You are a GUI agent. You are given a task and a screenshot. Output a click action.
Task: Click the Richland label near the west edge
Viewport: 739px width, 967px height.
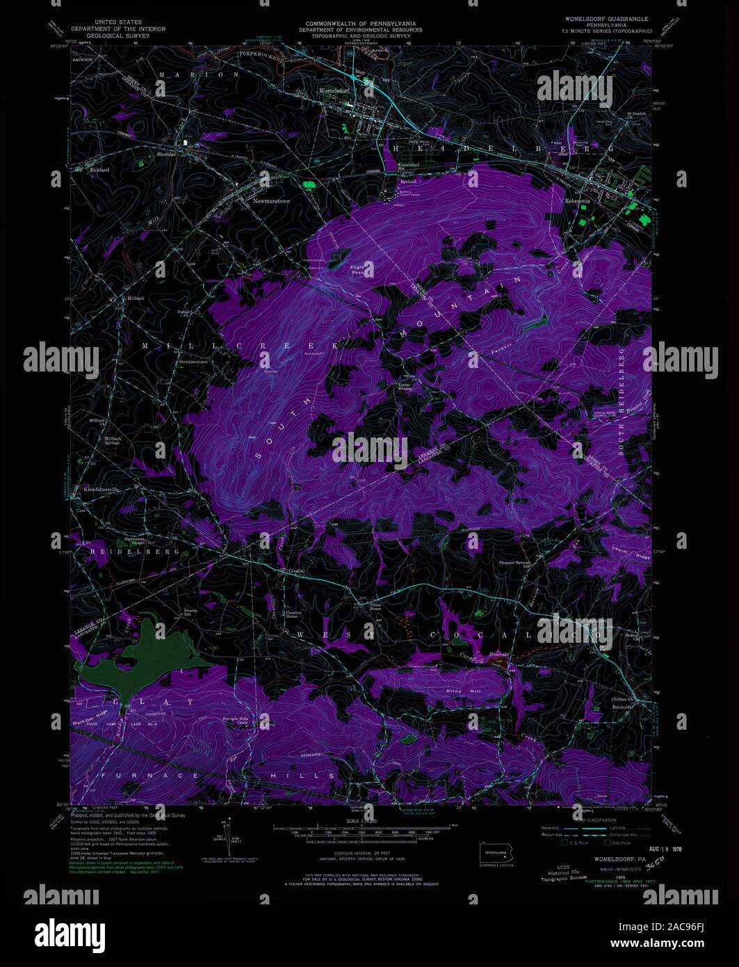(x=99, y=169)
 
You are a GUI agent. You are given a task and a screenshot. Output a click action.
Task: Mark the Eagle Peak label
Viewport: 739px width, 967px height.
(x=357, y=269)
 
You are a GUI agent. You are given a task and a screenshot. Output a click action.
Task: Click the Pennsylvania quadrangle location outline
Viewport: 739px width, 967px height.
(x=496, y=854)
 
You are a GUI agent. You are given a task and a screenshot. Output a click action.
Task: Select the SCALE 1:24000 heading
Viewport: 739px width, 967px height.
(x=360, y=822)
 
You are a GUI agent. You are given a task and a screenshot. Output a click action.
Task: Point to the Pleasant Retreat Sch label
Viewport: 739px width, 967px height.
(x=515, y=565)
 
